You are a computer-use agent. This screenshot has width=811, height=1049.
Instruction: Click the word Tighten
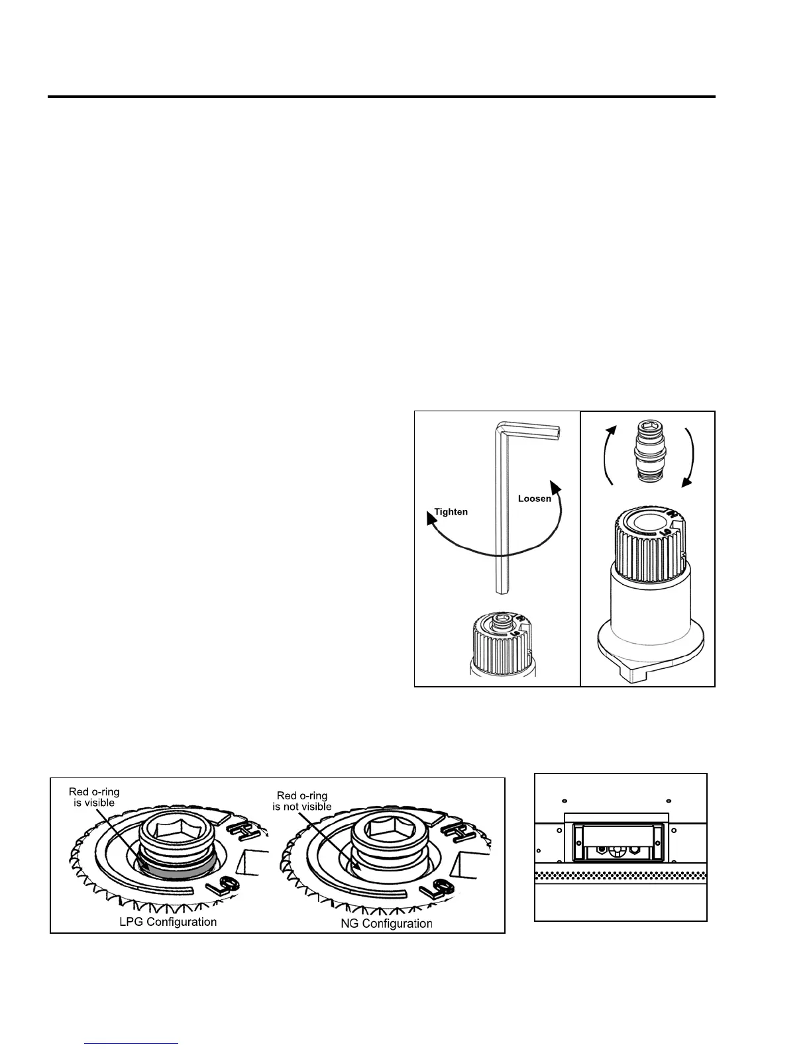click(x=451, y=512)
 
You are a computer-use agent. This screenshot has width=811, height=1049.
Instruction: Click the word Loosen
click(x=534, y=499)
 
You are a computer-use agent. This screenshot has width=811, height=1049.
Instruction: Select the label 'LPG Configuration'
click(x=168, y=922)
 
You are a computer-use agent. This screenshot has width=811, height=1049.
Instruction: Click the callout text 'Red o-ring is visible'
click(x=93, y=797)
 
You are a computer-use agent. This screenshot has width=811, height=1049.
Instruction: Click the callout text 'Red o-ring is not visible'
click(x=302, y=801)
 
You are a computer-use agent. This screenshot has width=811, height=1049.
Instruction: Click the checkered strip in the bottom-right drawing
click(x=621, y=875)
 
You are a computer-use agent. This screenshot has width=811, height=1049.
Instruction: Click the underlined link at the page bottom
click(x=132, y=1044)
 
